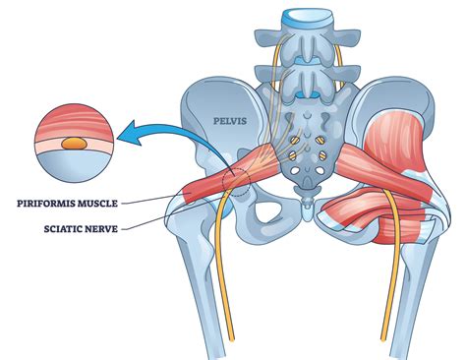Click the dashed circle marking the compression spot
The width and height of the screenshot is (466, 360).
(x=236, y=178)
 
